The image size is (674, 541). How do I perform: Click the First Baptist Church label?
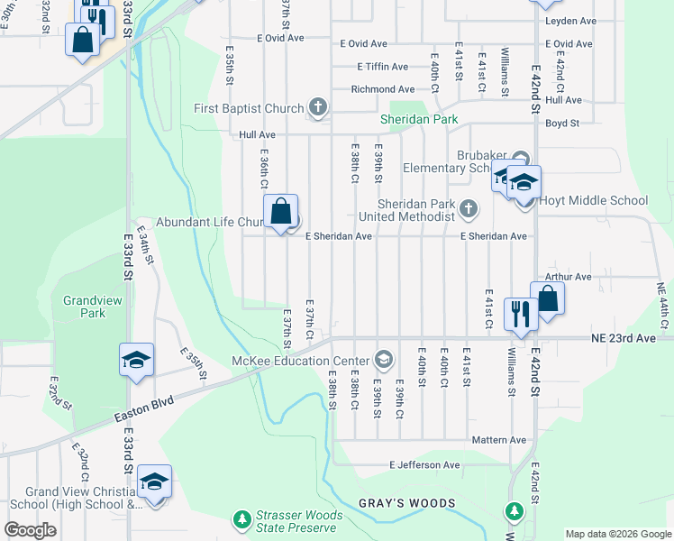click(249, 109)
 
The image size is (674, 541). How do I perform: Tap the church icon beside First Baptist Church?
click(317, 109)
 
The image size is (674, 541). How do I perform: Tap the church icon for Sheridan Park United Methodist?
click(468, 209)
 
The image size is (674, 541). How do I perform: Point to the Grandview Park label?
click(84, 307)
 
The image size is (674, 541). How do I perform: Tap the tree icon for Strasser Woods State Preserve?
click(241, 519)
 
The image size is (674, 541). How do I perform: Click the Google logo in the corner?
click(30, 530)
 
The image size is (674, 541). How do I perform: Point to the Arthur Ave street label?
click(568, 277)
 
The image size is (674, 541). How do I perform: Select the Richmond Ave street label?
click(383, 89)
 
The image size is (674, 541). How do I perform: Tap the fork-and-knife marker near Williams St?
click(520, 314)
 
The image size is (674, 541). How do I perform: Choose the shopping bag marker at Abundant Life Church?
click(281, 213)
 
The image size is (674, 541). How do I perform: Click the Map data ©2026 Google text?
click(617, 534)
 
